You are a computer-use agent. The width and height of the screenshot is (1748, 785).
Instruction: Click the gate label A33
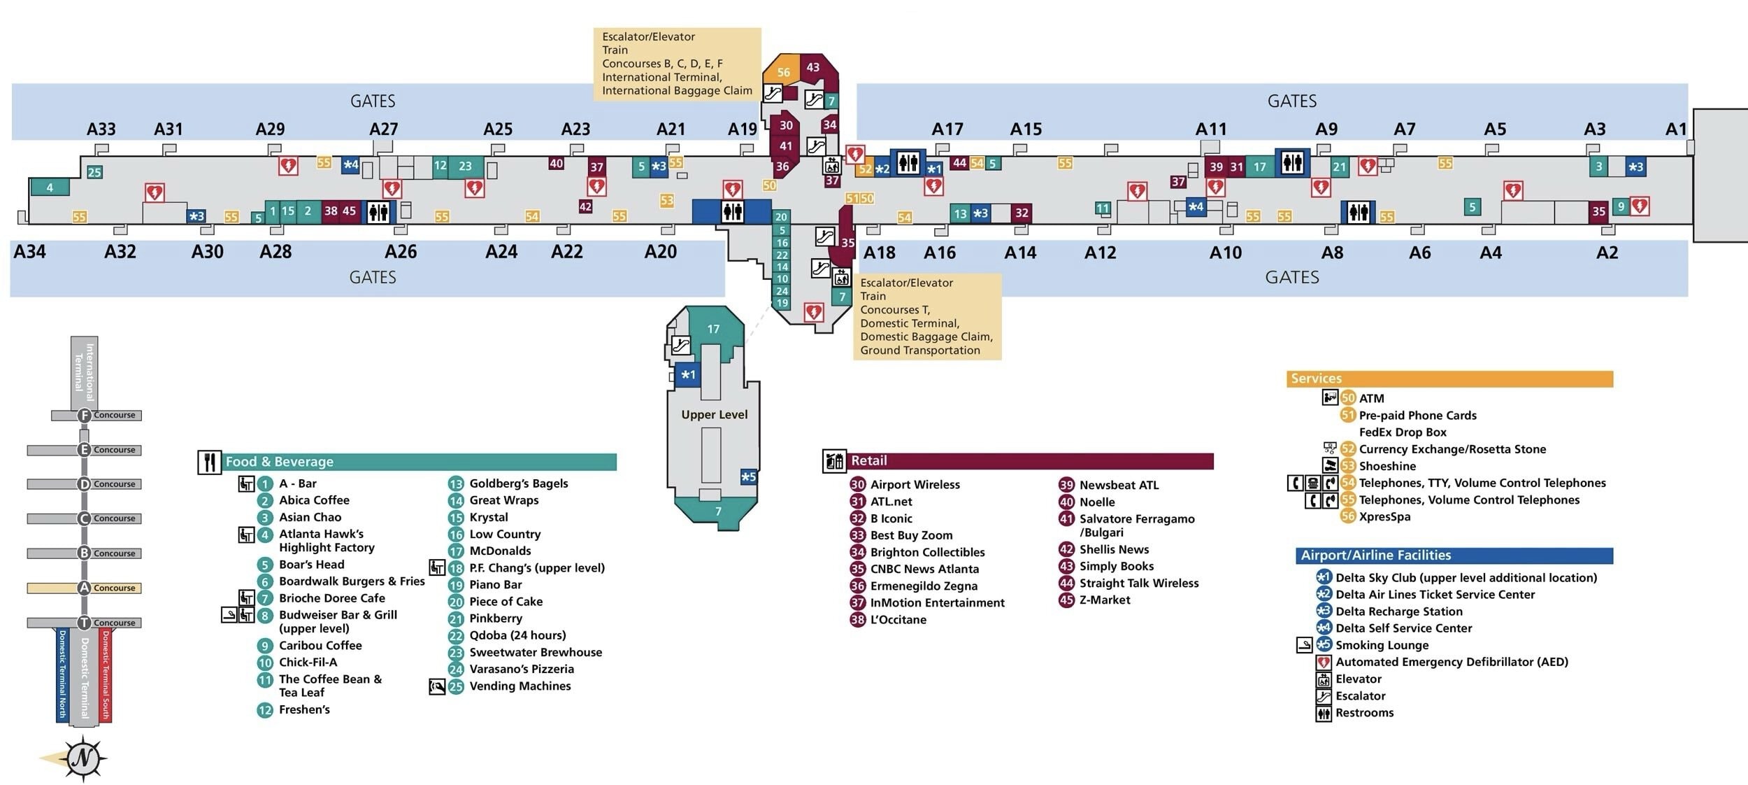tap(101, 129)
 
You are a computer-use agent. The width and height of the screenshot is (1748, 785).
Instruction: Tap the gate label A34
tap(29, 252)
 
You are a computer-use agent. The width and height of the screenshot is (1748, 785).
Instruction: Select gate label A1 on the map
tap(1676, 129)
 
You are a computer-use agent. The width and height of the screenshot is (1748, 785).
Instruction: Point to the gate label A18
tap(879, 253)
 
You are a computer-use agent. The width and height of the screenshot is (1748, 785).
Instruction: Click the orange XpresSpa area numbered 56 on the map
tap(783, 71)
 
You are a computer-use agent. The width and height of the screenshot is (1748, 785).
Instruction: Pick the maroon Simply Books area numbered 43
tap(813, 68)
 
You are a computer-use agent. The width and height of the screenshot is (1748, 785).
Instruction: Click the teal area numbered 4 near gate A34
tap(50, 188)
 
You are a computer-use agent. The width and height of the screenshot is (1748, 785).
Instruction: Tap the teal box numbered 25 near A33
tap(94, 172)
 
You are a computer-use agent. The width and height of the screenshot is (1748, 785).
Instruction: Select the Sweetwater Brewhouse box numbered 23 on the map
tap(465, 167)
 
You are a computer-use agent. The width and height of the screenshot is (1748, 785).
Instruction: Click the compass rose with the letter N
tap(83, 758)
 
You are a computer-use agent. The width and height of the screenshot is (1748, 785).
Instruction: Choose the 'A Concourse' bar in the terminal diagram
tap(84, 588)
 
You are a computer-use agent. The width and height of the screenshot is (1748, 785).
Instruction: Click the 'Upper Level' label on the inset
tap(714, 415)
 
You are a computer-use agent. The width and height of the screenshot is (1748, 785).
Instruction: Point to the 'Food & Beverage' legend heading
tap(279, 462)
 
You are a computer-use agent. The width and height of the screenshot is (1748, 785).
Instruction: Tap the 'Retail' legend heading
tap(868, 460)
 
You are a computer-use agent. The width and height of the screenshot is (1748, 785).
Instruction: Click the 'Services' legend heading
tap(1316, 379)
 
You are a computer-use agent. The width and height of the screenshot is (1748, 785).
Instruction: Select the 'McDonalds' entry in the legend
tap(500, 551)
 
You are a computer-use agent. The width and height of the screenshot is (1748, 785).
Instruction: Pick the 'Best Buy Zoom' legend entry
tap(911, 535)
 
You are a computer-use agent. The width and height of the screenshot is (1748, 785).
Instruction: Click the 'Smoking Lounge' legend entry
tap(1382, 645)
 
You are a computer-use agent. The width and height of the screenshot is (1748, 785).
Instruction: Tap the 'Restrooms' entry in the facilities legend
tap(1364, 713)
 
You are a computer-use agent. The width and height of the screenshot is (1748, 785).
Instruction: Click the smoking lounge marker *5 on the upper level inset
tap(748, 477)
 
